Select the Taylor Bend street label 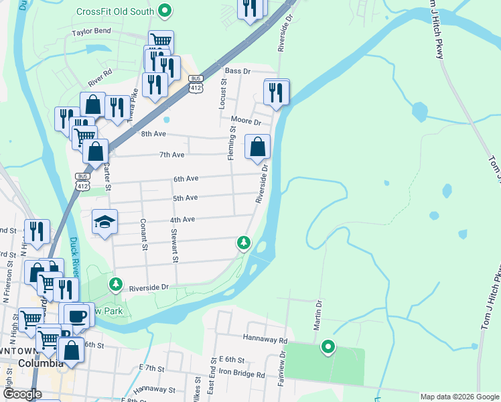(92, 31)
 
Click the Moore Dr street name (245, 121)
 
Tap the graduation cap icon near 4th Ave (104, 222)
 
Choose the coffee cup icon (75, 316)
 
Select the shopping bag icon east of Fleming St (257, 146)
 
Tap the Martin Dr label (318, 315)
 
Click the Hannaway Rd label (265, 340)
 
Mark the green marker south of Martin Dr (328, 347)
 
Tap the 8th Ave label (153, 134)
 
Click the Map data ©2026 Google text (459, 397)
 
